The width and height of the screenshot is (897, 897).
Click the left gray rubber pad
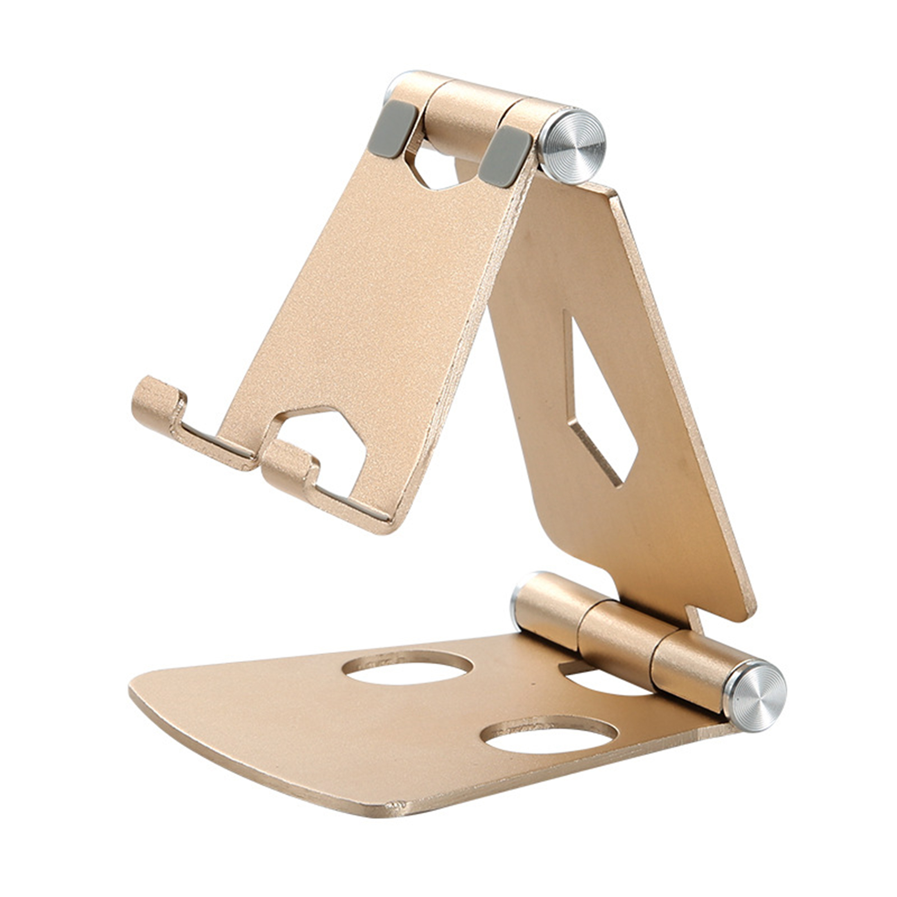[393, 129]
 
